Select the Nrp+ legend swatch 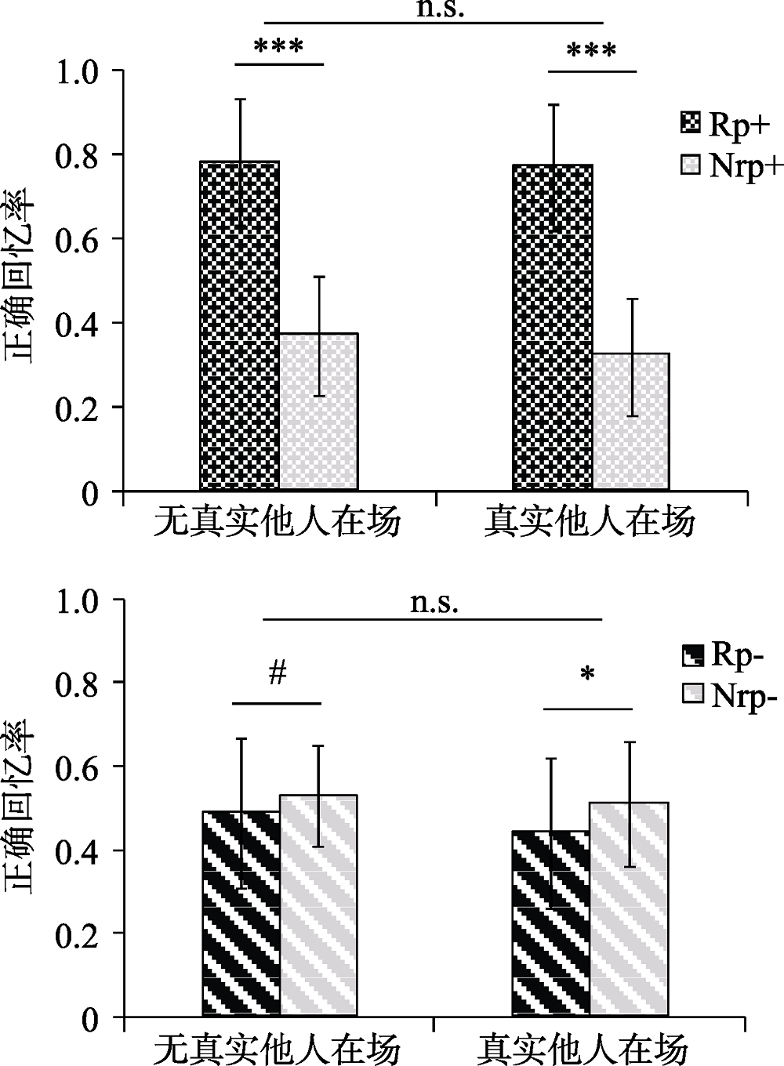click(x=691, y=165)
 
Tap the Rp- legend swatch click(x=692, y=654)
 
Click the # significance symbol click(x=278, y=673)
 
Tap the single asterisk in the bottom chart click(x=588, y=675)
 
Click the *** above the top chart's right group click(x=592, y=52)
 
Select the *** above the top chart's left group click(x=279, y=46)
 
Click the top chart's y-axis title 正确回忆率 click(x=21, y=275)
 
